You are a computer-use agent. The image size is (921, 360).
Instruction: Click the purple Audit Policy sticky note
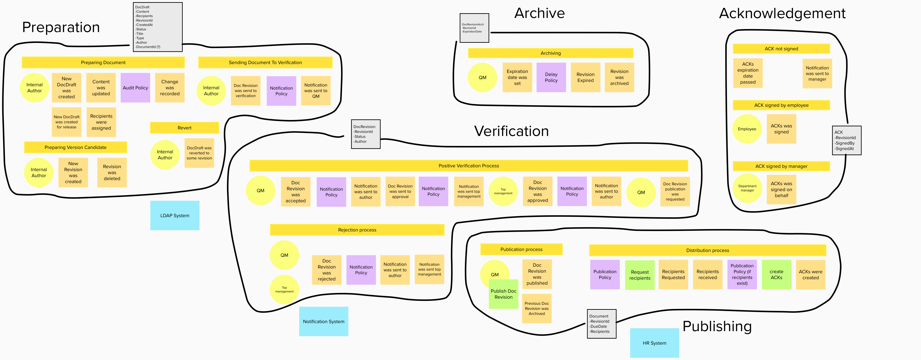135,88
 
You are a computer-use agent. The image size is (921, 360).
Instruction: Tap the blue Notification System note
324,321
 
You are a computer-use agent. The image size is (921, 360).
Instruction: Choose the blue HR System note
654,343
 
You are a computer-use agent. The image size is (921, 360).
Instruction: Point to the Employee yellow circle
747,129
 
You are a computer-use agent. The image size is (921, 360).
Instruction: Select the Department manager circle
747,188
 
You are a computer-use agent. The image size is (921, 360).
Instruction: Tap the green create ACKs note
776,274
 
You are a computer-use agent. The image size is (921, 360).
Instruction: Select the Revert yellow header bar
184,128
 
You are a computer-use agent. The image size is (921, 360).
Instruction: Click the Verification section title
511,131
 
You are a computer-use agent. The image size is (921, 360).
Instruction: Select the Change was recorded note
169,88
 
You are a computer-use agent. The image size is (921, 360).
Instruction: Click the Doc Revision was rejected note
326,270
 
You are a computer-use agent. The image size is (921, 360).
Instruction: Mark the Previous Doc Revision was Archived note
537,308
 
